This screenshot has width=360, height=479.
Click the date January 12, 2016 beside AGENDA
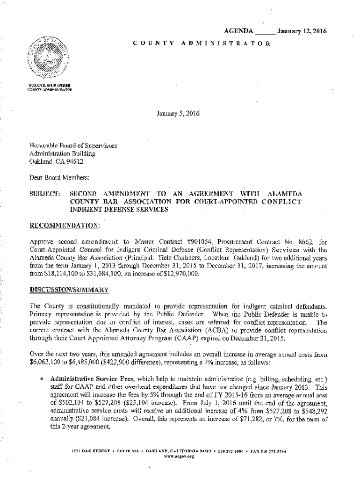click(x=301, y=31)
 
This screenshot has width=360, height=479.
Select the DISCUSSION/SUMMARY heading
click(x=70, y=290)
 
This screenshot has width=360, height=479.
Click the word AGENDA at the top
click(x=238, y=31)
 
